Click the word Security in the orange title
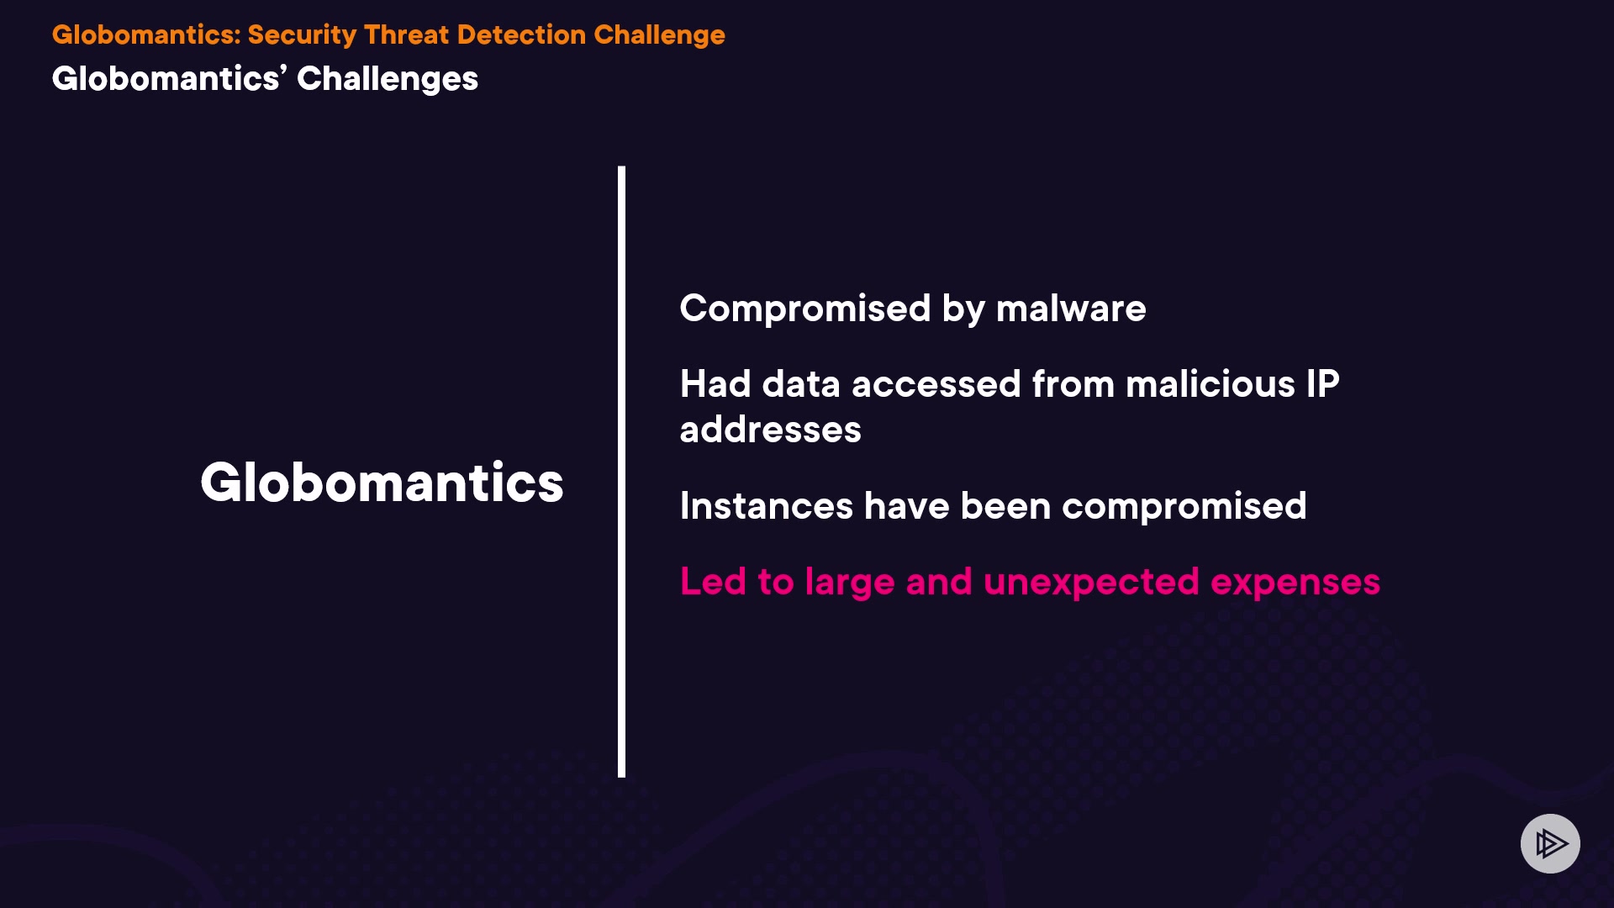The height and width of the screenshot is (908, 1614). [302, 35]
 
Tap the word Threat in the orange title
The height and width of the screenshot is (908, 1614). [407, 34]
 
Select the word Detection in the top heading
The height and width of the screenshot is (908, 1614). [521, 34]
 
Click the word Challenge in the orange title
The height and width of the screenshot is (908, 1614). [659, 35]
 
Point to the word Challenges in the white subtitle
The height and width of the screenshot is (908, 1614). [388, 79]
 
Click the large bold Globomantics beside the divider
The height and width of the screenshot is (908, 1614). [382, 483]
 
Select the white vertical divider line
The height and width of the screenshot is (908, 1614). [622, 472]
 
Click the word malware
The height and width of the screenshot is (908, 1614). [1071, 309]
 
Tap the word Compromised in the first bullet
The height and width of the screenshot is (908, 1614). [805, 309]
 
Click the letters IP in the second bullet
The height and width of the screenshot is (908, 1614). [1322, 384]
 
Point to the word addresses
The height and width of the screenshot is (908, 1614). [771, 430]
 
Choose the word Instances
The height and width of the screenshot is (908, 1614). [767, 506]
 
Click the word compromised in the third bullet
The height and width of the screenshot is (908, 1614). [1184, 507]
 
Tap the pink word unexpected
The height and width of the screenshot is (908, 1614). [1091, 583]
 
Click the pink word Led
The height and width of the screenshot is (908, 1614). [713, 582]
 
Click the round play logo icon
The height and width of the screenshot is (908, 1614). [1550, 843]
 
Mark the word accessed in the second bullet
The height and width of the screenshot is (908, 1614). [936, 384]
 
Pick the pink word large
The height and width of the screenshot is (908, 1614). [849, 583]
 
